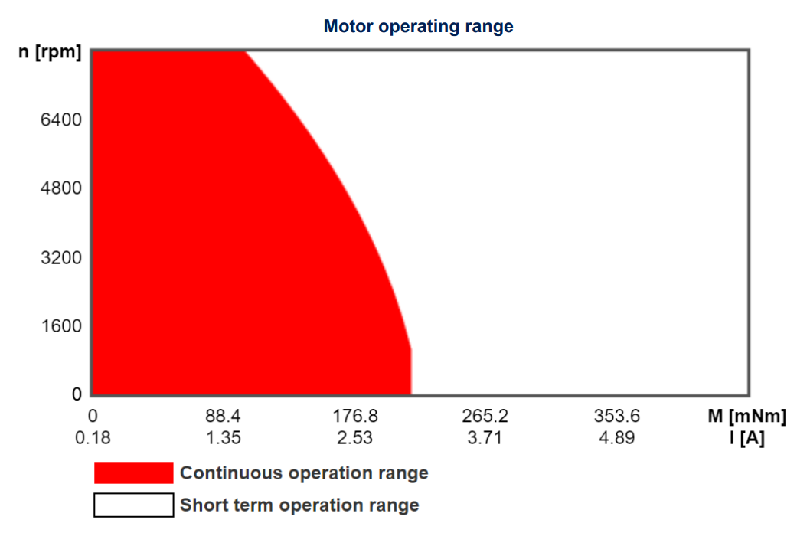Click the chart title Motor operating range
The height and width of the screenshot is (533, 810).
(x=418, y=26)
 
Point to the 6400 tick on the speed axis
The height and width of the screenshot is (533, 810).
(x=61, y=119)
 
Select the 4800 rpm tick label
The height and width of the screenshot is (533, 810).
(x=61, y=188)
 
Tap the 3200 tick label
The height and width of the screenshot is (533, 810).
(x=61, y=257)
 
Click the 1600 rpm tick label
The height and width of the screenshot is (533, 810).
(x=61, y=326)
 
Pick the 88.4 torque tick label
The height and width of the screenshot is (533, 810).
(x=223, y=417)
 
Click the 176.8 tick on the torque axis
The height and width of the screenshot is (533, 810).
(x=354, y=417)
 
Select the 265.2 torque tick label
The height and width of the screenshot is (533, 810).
(x=485, y=417)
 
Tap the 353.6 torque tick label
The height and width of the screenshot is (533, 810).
(x=616, y=417)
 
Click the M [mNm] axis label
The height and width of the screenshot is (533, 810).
(x=746, y=417)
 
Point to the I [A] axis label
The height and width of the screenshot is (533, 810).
(x=746, y=439)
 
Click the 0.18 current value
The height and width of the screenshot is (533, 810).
(x=92, y=439)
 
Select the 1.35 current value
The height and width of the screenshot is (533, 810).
(x=223, y=439)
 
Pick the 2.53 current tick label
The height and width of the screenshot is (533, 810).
(x=354, y=439)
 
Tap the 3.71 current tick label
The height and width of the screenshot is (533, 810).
(x=485, y=439)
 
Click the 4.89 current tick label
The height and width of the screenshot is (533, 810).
(x=616, y=439)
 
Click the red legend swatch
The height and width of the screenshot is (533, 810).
(x=134, y=473)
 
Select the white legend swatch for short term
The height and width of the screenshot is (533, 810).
(x=134, y=505)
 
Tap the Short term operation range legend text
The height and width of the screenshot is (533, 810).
(x=299, y=505)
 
